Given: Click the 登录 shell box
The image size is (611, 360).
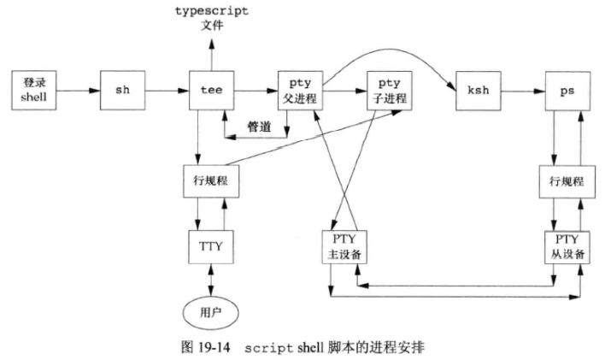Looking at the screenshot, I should [32, 88].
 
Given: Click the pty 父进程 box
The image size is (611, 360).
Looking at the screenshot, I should [299, 89].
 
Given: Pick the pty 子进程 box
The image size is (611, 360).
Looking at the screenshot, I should [387, 89].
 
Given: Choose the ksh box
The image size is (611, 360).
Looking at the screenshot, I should [476, 89].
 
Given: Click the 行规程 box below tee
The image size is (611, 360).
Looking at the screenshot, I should [209, 181].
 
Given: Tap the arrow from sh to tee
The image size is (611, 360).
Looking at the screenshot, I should [167, 89].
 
